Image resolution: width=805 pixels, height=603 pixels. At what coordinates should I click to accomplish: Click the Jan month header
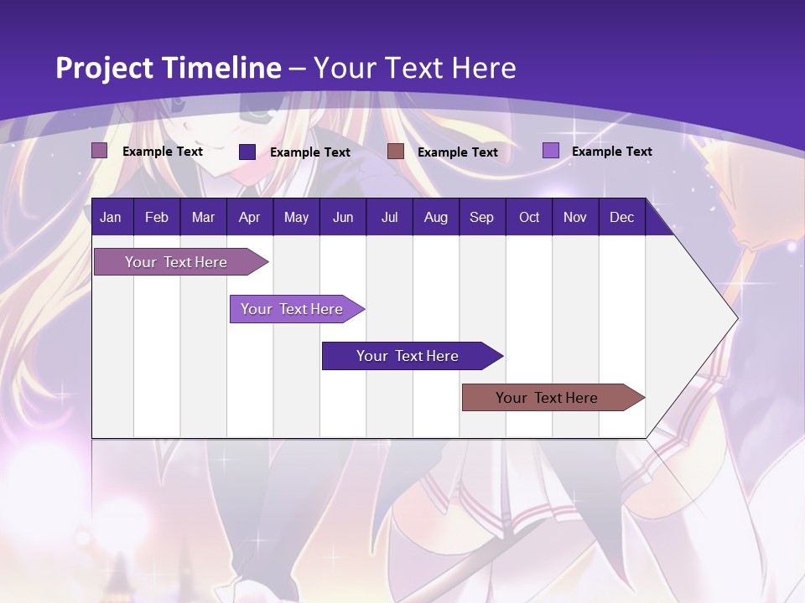111,218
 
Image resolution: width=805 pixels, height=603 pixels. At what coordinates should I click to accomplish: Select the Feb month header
157,218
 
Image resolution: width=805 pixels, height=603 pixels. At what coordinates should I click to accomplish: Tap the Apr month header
249,218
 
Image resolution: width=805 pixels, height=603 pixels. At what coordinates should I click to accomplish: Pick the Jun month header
342,218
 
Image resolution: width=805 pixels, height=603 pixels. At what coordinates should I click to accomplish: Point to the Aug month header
435,218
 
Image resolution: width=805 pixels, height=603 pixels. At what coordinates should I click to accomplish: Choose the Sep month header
481,218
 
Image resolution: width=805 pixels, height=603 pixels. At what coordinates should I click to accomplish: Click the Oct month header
528,218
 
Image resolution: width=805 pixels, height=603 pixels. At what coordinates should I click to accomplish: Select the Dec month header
621,218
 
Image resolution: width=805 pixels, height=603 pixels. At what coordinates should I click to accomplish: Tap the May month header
296,218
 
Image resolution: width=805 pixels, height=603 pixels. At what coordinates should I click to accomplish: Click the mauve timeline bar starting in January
176,262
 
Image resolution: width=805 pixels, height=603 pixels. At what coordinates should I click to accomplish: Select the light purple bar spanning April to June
292,309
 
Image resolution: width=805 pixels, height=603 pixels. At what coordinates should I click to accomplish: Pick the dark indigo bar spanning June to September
408,356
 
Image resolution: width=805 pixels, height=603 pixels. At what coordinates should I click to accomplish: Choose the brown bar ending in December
547,398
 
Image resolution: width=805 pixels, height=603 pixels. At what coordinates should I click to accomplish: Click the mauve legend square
100,151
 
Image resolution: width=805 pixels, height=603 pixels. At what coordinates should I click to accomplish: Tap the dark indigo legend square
247,152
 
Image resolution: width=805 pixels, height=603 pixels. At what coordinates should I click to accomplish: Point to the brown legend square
396,152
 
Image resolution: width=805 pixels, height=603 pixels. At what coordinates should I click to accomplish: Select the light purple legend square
550,151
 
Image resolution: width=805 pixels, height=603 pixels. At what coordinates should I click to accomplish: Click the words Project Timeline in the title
169,68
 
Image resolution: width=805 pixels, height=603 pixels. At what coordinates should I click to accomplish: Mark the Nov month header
574,218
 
